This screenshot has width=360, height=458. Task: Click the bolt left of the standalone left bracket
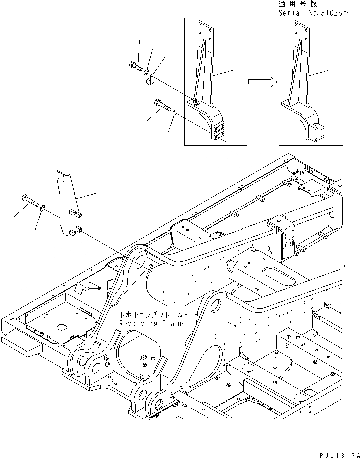click(x=30, y=201)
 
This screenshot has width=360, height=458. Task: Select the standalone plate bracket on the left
click(x=68, y=203)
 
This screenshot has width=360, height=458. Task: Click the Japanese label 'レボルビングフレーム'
click(x=152, y=315)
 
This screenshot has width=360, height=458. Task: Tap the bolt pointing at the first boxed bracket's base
click(x=162, y=106)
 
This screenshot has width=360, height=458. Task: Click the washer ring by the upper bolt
click(x=146, y=68)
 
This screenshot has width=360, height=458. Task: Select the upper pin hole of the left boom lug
click(x=140, y=260)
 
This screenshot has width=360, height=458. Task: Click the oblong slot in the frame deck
click(x=274, y=277)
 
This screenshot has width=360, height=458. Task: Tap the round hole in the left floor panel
click(x=62, y=328)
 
